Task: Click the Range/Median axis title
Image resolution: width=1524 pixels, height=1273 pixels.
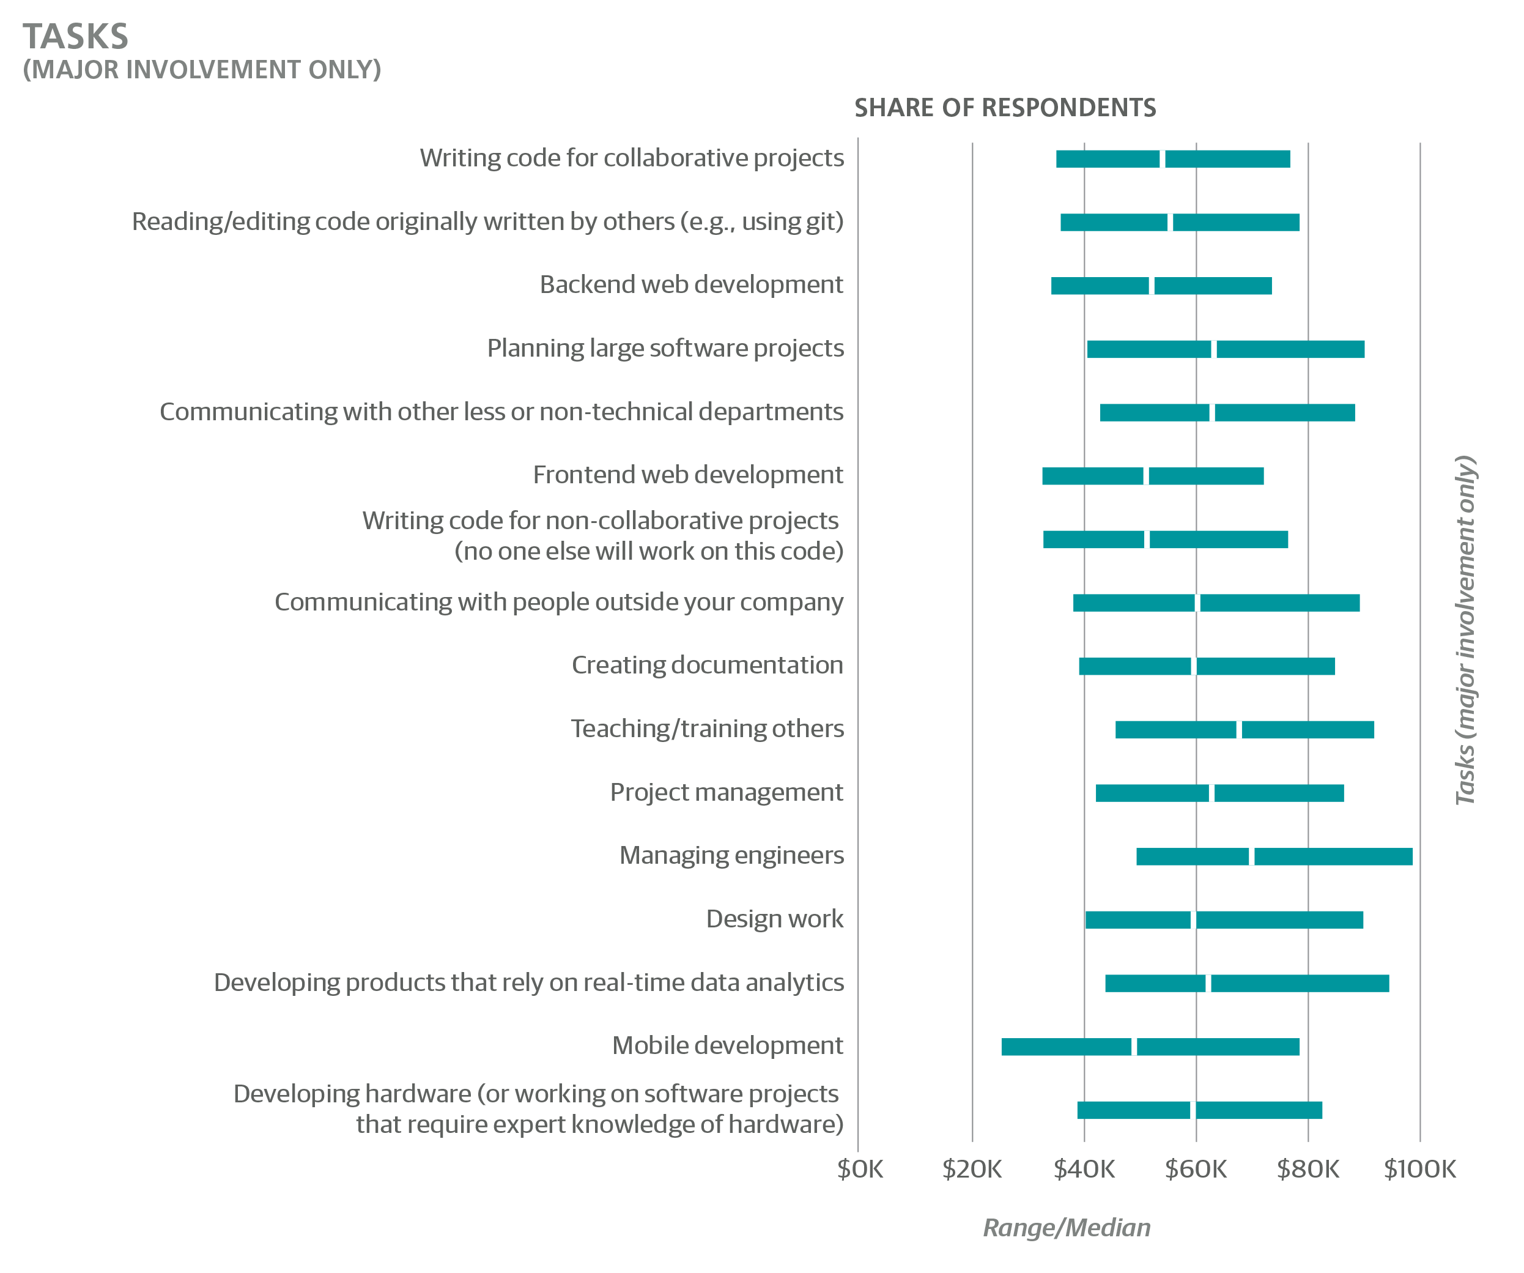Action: tap(1066, 1227)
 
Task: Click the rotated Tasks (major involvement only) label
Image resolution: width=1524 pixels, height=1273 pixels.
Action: tap(1465, 629)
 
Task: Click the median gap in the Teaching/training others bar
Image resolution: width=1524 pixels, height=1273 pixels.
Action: tap(1239, 729)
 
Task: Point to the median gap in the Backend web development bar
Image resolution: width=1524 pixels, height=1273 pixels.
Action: tap(1152, 286)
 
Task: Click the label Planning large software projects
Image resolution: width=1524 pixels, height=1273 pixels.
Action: tap(665, 348)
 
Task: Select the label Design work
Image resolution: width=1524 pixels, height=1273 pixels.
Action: tap(774, 919)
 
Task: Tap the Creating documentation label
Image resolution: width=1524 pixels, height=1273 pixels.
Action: tap(707, 666)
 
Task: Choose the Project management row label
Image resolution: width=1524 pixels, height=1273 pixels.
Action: tap(726, 792)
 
